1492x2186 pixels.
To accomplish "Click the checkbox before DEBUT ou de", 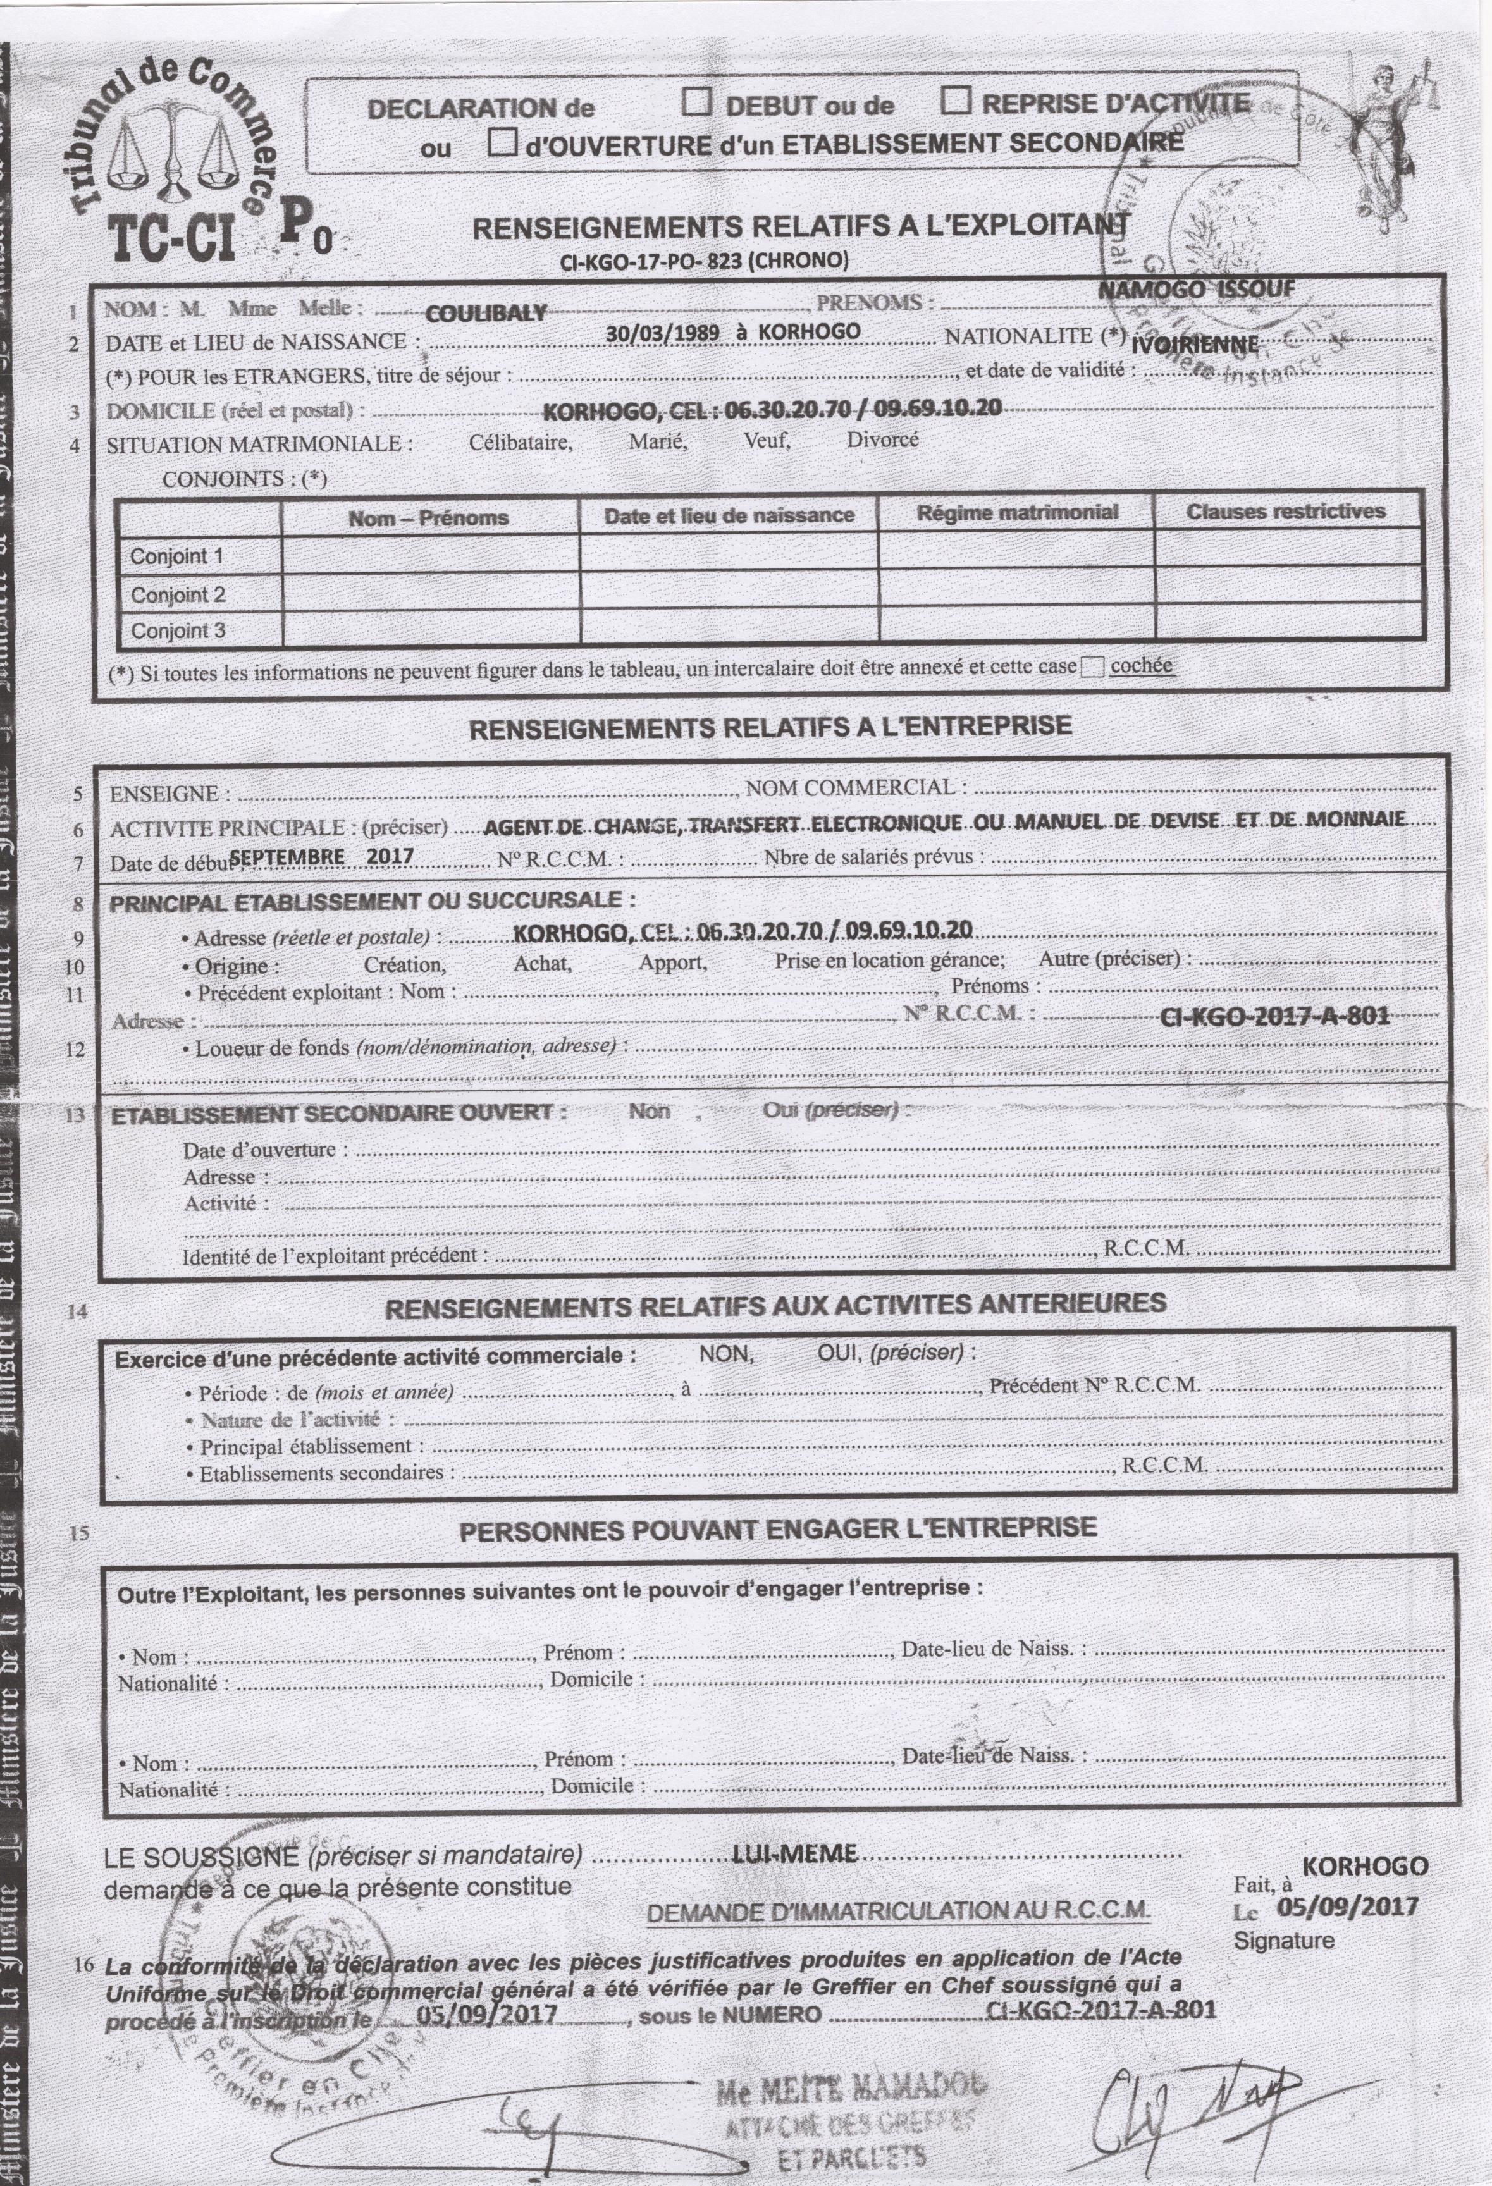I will [x=696, y=102].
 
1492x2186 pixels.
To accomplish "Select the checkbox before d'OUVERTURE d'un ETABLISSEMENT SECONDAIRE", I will [x=504, y=143].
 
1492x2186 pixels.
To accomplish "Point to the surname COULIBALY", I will [x=485, y=313].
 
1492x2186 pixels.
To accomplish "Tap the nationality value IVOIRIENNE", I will [x=1195, y=344].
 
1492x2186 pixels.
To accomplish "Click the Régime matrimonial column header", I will [x=1017, y=513].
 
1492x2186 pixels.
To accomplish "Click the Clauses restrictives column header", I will [x=1285, y=512].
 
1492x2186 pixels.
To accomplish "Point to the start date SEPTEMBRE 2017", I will [x=321, y=856].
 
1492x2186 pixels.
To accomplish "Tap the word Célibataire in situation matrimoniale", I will [x=521, y=441].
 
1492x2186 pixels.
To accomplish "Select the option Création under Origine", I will [x=405, y=964].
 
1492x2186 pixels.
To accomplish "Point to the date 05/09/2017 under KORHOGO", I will [x=1346, y=1907].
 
